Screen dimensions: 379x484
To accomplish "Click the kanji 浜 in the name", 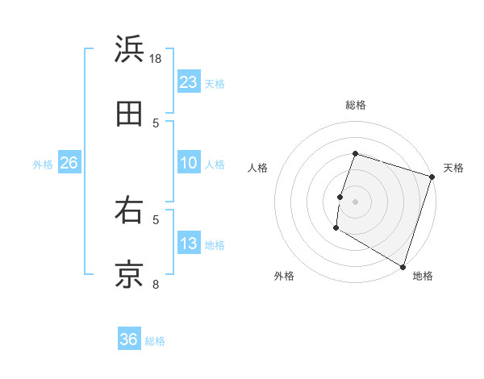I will pyautogui.click(x=130, y=49).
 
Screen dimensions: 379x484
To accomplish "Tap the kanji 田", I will pyautogui.click(x=130, y=114).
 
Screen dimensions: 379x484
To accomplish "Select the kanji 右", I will pyautogui.click(x=130, y=210).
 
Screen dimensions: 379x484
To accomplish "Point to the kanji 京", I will pyautogui.click(x=130, y=275).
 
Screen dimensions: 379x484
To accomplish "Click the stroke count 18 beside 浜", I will pyautogui.click(x=156, y=58).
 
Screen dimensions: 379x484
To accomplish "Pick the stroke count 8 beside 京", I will pyautogui.click(x=156, y=284).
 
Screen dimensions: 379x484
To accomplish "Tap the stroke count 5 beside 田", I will pyautogui.click(x=156, y=123).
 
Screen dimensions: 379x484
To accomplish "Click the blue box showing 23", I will pyautogui.click(x=189, y=82).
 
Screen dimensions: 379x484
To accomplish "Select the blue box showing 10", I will pyautogui.click(x=189, y=163).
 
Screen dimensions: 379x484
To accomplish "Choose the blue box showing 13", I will pyautogui.click(x=189, y=244).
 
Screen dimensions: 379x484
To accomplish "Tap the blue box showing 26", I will pyautogui.click(x=69, y=163).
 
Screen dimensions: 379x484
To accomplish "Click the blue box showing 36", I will pyautogui.click(x=129, y=339).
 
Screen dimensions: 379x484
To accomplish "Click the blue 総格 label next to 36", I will pyautogui.click(x=155, y=341).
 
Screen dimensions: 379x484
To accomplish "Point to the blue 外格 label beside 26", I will pyautogui.click(x=43, y=165).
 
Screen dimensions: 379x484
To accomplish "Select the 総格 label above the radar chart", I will pyautogui.click(x=356, y=105).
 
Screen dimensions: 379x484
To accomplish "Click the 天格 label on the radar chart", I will pyautogui.click(x=453, y=168).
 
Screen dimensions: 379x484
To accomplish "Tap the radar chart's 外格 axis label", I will pyautogui.click(x=284, y=276).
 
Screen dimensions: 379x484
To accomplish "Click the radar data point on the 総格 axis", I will pyautogui.click(x=356, y=153).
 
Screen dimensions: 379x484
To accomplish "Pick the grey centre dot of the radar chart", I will pyautogui.click(x=356, y=201).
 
